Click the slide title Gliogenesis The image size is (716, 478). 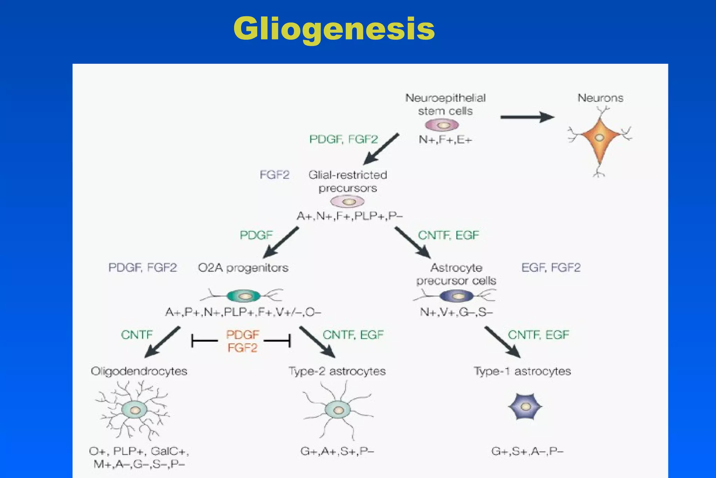click(x=334, y=29)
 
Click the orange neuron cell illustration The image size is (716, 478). click(x=600, y=138)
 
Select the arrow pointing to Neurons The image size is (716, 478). click(x=527, y=117)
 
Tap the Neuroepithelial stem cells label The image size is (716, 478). click(x=445, y=104)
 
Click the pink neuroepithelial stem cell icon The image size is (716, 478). click(x=442, y=125)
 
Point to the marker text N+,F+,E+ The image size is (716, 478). click(x=445, y=140)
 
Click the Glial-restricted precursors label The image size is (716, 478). click(x=348, y=181)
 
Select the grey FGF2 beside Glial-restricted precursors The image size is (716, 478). click(x=274, y=175)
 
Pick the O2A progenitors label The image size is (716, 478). click(x=243, y=268)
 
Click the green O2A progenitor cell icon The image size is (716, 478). click(x=244, y=296)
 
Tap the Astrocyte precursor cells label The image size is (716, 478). click(x=456, y=274)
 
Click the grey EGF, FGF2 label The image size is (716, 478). click(x=551, y=268)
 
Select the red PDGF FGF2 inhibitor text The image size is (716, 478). click(x=242, y=341)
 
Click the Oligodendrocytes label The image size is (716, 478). click(x=139, y=371)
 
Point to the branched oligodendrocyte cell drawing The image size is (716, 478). click(x=135, y=410)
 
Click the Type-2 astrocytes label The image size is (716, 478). click(x=337, y=371)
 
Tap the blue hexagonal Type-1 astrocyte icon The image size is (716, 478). click(x=525, y=407)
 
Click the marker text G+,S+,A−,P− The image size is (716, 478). click(x=527, y=452)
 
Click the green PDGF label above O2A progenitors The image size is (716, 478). click(x=256, y=235)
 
